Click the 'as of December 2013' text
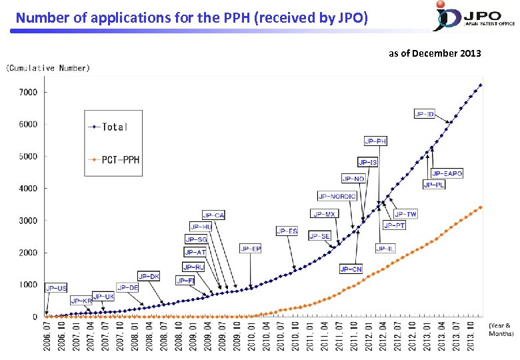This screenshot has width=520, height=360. coord(435,53)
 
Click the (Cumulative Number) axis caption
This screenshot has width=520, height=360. coord(48,67)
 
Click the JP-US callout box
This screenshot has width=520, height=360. coord(56,288)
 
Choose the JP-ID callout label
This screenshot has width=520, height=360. coord(424,114)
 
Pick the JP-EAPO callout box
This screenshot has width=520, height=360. coord(447,173)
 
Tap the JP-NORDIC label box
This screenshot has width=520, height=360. coord(337,196)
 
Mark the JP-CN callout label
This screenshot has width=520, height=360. coord(351,269)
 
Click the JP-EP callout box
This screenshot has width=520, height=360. coord(251,249)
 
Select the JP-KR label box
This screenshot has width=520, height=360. coord(81,301)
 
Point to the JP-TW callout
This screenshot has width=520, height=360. coord(405,214)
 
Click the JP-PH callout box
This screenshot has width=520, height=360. coord(375,141)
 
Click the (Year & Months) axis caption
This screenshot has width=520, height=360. coord(501,329)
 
